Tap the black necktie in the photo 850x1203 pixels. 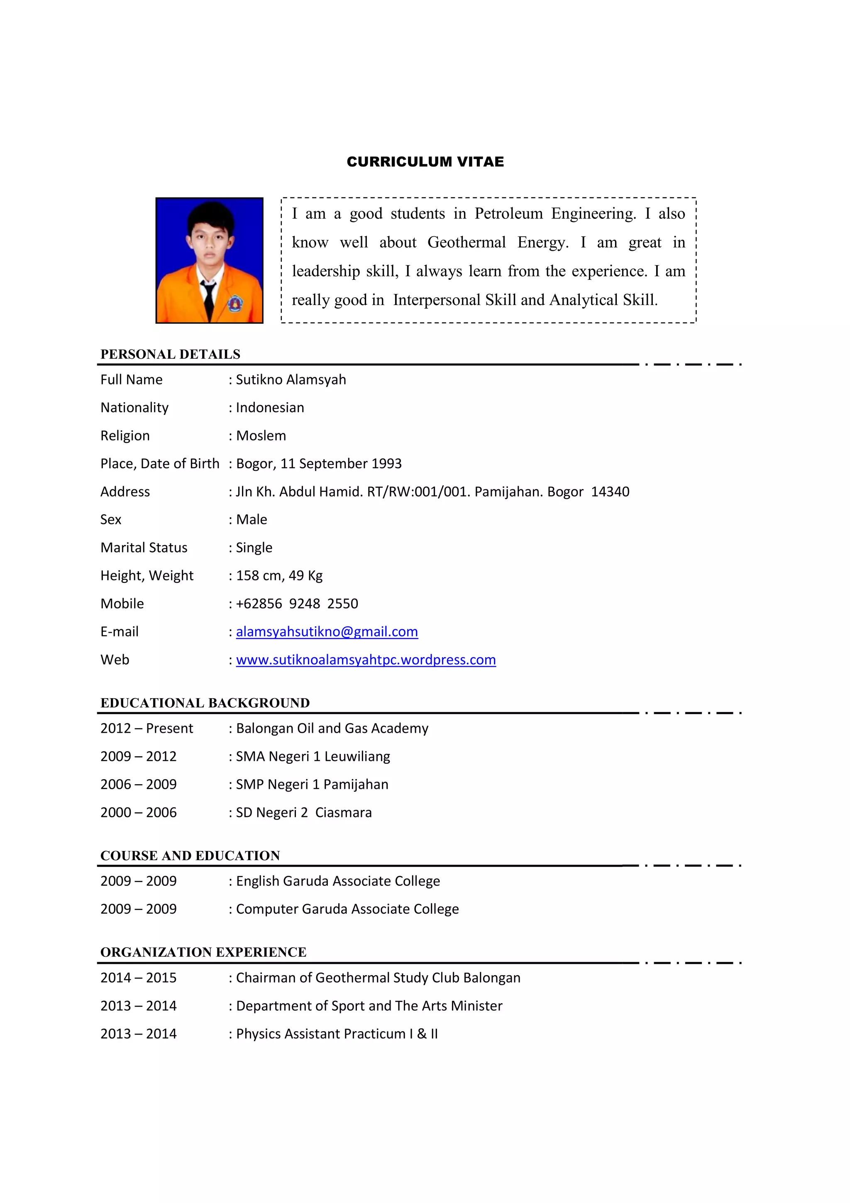[x=209, y=298]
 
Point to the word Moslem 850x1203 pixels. [x=261, y=435]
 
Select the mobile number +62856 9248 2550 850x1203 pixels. [x=297, y=604]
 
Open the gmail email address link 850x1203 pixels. [x=327, y=632]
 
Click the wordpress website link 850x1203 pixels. [x=366, y=660]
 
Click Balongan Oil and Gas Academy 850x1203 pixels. [x=332, y=728]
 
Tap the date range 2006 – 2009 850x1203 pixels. [x=138, y=785]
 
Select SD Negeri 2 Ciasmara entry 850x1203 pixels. [x=304, y=813]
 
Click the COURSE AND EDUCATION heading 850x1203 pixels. [x=190, y=856]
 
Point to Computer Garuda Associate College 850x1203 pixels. [x=347, y=909]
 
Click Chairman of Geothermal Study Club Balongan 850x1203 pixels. [x=378, y=978]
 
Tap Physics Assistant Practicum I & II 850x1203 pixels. [x=337, y=1034]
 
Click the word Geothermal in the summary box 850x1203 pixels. [x=466, y=242]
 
